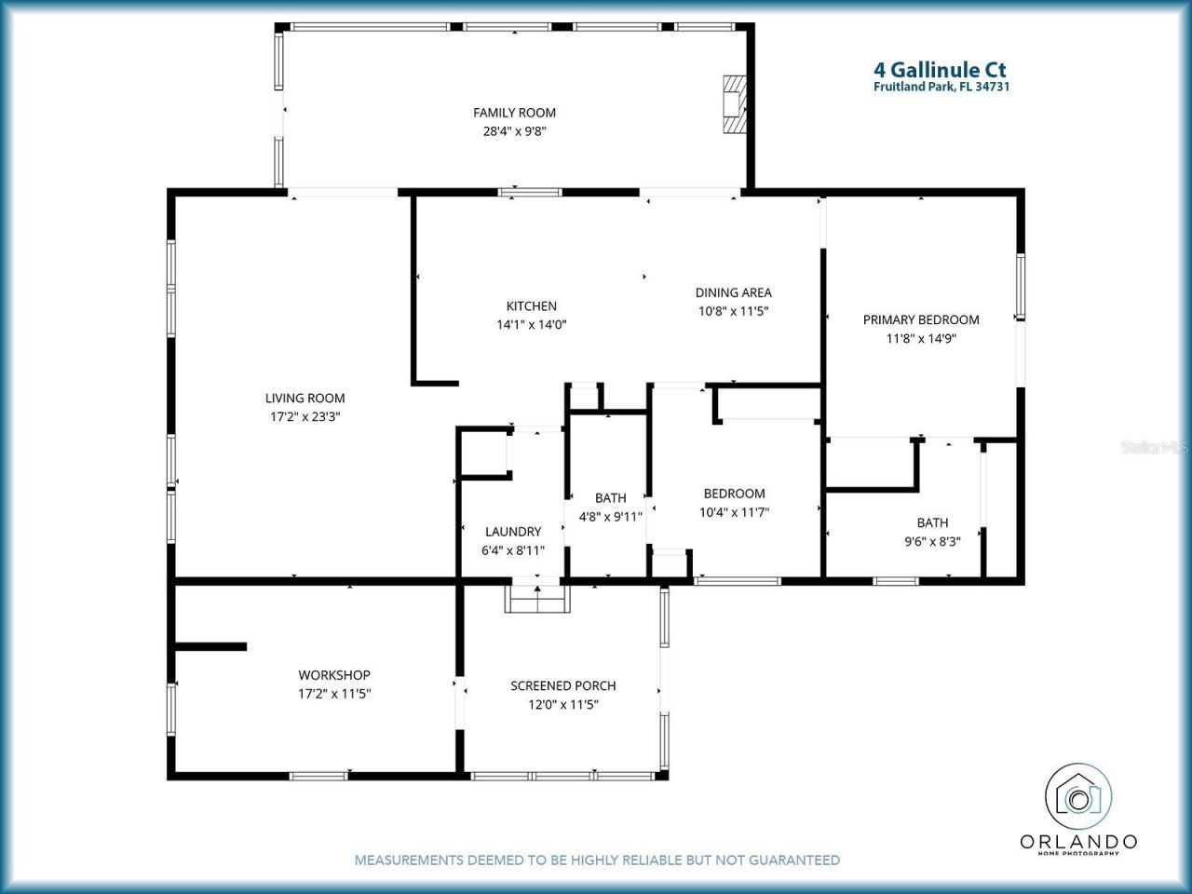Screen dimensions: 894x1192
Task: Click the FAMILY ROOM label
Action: [x=514, y=113]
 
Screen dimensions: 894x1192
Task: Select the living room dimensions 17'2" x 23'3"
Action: [x=305, y=417]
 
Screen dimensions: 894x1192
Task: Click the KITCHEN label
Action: [x=531, y=305]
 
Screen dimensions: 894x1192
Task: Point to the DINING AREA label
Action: [x=733, y=292]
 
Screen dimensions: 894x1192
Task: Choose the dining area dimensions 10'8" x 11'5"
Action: [x=733, y=312]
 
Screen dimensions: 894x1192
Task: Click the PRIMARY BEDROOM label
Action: [x=921, y=319]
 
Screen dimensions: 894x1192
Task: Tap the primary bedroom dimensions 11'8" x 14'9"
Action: [x=921, y=339]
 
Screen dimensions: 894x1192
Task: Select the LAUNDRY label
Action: [x=512, y=532]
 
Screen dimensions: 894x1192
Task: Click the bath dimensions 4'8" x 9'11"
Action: [x=610, y=517]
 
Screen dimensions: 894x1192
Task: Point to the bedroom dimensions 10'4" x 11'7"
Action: [x=734, y=512]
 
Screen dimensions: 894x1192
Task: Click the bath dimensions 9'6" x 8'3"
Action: [x=932, y=541]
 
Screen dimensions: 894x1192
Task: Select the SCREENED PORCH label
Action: [x=562, y=685]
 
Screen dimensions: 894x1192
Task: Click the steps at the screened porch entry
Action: [x=536, y=599]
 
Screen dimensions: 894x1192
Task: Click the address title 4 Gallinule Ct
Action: [x=940, y=70]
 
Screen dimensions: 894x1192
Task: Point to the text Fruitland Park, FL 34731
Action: [x=941, y=88]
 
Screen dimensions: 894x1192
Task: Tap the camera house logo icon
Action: [x=1078, y=797]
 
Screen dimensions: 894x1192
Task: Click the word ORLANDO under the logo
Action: [x=1078, y=842]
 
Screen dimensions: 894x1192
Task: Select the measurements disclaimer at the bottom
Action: [x=597, y=860]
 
